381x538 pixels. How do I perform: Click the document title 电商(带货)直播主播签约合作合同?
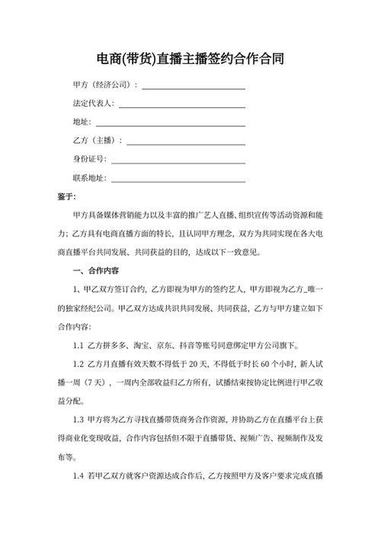(x=190, y=59)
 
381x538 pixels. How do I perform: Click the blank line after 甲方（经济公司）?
(x=194, y=88)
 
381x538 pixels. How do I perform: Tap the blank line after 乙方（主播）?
(x=187, y=143)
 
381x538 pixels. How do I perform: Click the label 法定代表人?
(x=94, y=103)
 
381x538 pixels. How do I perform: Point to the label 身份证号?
(x=90, y=159)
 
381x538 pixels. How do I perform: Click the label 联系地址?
(x=90, y=178)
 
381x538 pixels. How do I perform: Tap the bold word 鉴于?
(x=66, y=197)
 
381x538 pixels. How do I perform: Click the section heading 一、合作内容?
(x=94, y=271)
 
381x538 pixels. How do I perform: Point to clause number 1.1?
(x=78, y=344)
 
